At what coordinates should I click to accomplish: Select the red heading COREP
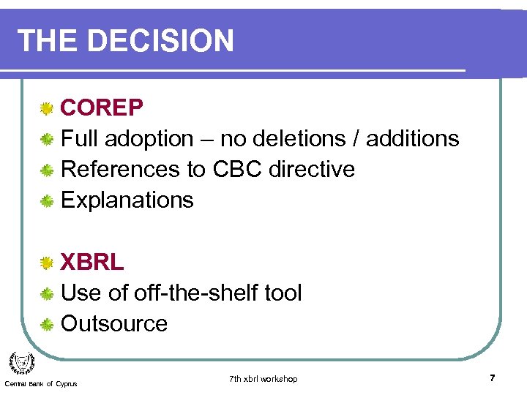(x=102, y=108)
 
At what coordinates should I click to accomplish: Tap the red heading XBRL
(x=92, y=262)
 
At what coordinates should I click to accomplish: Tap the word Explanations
(x=127, y=200)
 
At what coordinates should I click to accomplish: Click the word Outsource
(x=114, y=323)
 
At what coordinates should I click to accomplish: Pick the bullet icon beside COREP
(x=46, y=109)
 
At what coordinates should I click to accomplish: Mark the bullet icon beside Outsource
(x=46, y=325)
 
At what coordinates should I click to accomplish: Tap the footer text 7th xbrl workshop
(x=263, y=379)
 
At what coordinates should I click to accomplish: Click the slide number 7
(x=493, y=378)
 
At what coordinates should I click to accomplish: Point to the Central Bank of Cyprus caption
(x=40, y=384)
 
